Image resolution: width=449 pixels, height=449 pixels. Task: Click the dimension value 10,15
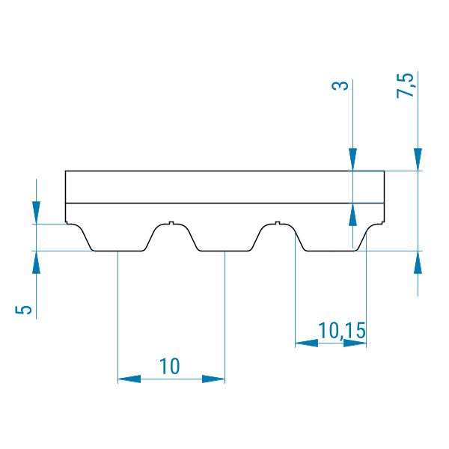pyautogui.click(x=342, y=331)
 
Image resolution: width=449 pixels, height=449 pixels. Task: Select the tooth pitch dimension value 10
pyautogui.click(x=170, y=366)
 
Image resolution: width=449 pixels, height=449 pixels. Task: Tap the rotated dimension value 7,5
pyautogui.click(x=406, y=85)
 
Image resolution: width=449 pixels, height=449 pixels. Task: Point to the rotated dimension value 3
pyautogui.click(x=340, y=85)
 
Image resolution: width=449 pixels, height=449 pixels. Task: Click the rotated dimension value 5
pyautogui.click(x=23, y=310)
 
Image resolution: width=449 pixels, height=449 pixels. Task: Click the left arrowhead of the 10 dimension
pyautogui.click(x=129, y=379)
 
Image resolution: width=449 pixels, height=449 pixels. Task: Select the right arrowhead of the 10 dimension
pyautogui.click(x=213, y=379)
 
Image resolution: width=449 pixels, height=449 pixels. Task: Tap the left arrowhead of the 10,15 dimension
pyautogui.click(x=306, y=343)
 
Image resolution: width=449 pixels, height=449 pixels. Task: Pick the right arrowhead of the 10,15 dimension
pyautogui.click(x=355, y=343)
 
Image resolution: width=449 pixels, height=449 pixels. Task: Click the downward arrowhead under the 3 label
pyautogui.click(x=352, y=159)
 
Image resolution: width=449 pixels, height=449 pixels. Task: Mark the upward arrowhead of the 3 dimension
pyautogui.click(x=352, y=215)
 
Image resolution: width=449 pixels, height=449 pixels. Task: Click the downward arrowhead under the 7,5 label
pyautogui.click(x=418, y=159)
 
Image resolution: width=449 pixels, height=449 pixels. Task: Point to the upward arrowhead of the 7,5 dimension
pyautogui.click(x=418, y=263)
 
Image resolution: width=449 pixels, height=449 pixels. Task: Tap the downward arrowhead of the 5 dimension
pyautogui.click(x=36, y=213)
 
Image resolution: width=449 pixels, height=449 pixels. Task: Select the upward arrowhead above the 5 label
pyautogui.click(x=36, y=263)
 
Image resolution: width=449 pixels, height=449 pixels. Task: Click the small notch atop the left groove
pyautogui.click(x=171, y=223)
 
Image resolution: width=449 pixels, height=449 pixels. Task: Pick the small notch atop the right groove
pyautogui.click(x=277, y=223)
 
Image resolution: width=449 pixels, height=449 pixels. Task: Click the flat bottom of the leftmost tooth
pyautogui.click(x=118, y=251)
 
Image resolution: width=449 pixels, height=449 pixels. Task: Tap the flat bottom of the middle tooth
pyautogui.click(x=225, y=251)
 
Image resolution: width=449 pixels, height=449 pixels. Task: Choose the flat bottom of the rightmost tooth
pyautogui.click(x=332, y=251)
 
